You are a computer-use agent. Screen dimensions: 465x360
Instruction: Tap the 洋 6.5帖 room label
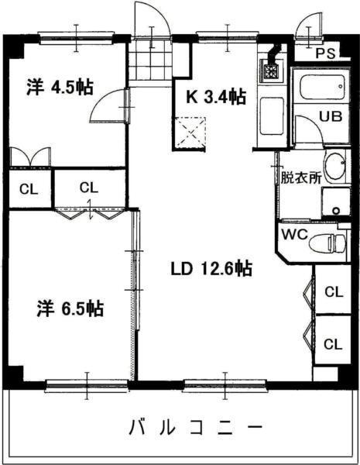[x=70, y=309]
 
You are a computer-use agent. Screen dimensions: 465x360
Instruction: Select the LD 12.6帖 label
[x=211, y=269]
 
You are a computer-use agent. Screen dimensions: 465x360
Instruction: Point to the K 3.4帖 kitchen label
[x=218, y=97]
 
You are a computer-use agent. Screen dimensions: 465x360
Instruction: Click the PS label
[x=326, y=53]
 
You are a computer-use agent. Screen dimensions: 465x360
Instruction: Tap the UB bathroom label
[x=331, y=117]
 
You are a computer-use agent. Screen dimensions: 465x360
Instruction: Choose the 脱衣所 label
[x=300, y=177]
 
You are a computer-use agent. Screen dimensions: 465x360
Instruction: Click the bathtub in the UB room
[x=321, y=85]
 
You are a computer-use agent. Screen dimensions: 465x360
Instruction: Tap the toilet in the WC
[x=327, y=242]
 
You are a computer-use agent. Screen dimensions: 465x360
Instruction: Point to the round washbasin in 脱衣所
[x=335, y=165]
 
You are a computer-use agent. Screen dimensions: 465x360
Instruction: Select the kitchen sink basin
[x=272, y=116]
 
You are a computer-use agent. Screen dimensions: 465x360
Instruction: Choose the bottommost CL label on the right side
[x=334, y=343]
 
